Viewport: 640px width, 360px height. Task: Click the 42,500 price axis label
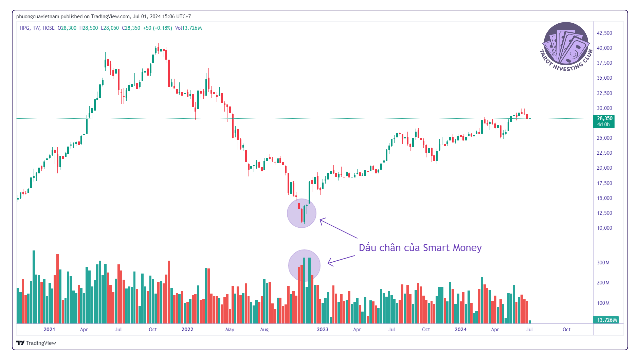pos(604,33)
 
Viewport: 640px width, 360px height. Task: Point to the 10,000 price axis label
pos(604,228)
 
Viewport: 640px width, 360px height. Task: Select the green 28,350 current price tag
pos(604,121)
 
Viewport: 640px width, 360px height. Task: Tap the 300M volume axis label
pos(603,263)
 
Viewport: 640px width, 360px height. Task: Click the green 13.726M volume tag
pos(606,320)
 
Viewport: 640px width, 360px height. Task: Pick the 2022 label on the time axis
pos(187,329)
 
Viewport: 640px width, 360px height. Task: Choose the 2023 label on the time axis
pos(322,329)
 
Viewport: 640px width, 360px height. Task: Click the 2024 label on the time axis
pos(460,329)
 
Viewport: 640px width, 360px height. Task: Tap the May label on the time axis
pos(230,329)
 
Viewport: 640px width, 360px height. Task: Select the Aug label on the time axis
pos(264,329)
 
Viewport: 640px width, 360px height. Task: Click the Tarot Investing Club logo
pos(566,46)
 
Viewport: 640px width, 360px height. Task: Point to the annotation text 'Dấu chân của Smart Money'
pos(420,248)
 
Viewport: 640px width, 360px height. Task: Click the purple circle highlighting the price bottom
pos(301,213)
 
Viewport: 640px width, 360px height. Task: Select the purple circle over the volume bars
pos(304,265)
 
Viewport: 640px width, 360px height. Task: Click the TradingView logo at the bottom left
pos(36,343)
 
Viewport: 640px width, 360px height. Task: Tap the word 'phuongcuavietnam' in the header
pos(37,16)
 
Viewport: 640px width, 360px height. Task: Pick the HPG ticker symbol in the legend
pos(24,28)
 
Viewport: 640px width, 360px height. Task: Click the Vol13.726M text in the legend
pos(188,28)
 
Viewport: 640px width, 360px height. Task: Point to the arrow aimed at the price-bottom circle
pos(338,228)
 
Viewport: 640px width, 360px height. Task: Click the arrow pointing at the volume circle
pos(341,260)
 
